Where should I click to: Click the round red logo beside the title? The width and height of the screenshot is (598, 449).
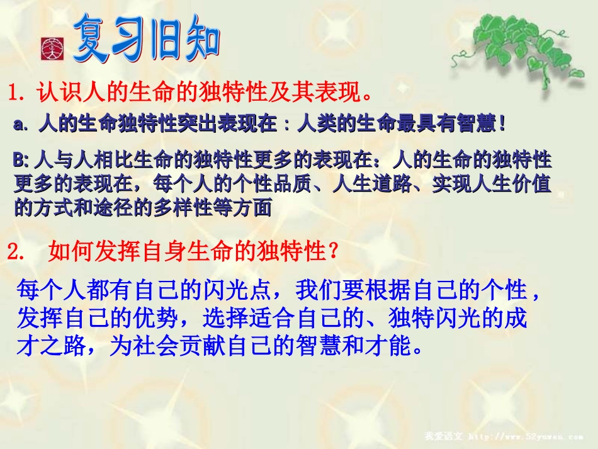pos(50,48)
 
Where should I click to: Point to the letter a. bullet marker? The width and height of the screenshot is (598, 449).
pos(21,124)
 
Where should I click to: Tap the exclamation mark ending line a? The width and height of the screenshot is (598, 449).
pos(501,123)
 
